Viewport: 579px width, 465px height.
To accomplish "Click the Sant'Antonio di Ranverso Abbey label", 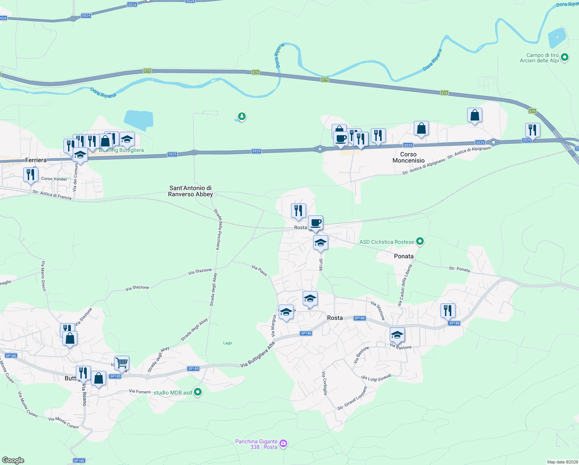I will [x=190, y=191].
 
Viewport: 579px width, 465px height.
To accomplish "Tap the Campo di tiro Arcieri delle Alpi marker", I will [x=564, y=58].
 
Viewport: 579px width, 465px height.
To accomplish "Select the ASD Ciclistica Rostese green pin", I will [x=420, y=242].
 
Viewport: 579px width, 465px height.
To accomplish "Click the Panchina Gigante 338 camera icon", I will [x=283, y=444].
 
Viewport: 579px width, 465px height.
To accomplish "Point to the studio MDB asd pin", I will [x=198, y=393].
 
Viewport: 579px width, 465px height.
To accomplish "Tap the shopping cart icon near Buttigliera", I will [x=122, y=363].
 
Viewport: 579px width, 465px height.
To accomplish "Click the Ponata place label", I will [x=404, y=256].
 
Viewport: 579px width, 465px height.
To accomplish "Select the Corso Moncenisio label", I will [x=408, y=157].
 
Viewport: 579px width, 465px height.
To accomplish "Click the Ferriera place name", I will [x=36, y=160].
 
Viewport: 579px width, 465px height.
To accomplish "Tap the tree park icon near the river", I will [x=242, y=116].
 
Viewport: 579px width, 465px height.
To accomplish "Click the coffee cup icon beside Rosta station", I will [x=315, y=223].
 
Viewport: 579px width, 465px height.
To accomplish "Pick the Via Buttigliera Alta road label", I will [x=257, y=355].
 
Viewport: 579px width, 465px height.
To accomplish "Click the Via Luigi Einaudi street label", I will [x=376, y=377].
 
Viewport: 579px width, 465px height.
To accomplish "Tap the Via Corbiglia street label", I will [x=325, y=383].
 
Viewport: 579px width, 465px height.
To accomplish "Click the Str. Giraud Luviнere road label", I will [x=352, y=398].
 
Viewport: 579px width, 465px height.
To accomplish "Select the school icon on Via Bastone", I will [x=397, y=335].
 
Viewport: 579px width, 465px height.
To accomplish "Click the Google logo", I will [x=13, y=460].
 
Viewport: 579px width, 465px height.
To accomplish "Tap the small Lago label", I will [x=228, y=343].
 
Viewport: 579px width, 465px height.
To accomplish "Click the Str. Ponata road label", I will [x=459, y=269].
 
